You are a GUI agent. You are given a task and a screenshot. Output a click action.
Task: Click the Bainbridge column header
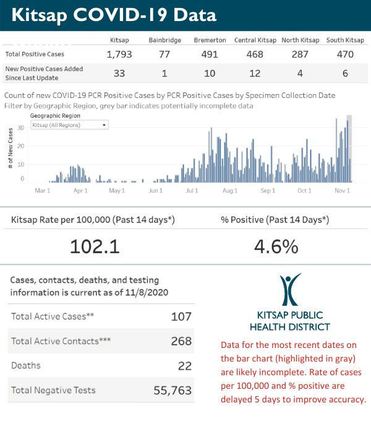(x=165, y=40)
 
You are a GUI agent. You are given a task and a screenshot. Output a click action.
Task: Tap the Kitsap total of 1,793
(x=119, y=54)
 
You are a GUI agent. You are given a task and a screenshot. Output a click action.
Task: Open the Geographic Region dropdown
(x=69, y=124)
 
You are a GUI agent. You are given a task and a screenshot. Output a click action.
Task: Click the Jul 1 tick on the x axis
(x=192, y=191)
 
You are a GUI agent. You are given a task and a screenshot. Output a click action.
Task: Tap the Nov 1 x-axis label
(x=343, y=191)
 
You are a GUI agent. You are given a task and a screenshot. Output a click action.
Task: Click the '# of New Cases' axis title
(x=11, y=149)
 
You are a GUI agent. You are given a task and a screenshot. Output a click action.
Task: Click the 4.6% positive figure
(x=276, y=246)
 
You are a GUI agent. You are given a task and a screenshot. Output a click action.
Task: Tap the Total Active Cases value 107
(x=181, y=317)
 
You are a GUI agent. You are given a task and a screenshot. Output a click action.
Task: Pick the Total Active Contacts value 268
(x=180, y=341)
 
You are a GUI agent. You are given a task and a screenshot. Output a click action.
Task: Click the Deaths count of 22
(x=184, y=366)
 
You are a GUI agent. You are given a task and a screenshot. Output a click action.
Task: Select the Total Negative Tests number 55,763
(x=173, y=391)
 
